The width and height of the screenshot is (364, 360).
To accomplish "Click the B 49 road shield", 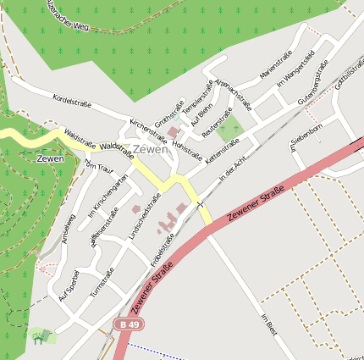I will [x=127, y=324].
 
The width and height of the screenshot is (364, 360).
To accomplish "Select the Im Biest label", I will [x=269, y=325].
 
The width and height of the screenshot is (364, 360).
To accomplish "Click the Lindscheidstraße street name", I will [x=145, y=219].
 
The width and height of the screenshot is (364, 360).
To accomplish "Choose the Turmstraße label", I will [x=102, y=283].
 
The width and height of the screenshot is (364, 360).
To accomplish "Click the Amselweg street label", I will [x=68, y=228].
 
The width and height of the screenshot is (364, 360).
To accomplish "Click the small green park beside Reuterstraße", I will [x=229, y=130].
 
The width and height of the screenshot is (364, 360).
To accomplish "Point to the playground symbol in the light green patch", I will [x=37, y=336].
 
